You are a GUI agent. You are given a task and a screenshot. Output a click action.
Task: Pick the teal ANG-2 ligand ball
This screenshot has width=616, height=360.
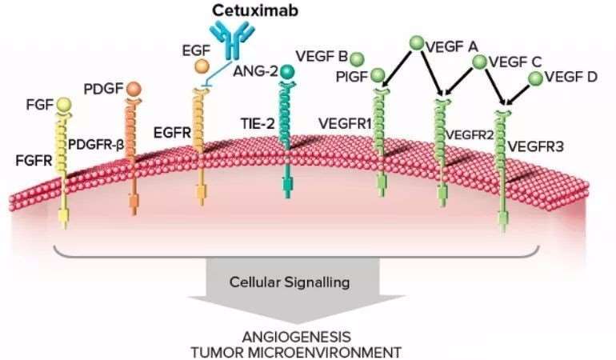(287, 73)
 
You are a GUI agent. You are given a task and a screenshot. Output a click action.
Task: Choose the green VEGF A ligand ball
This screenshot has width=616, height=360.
(416, 43)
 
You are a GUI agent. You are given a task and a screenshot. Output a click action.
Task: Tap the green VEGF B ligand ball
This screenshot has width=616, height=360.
(357, 58)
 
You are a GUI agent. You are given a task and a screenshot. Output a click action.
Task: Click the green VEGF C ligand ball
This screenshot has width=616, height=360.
(479, 62)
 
